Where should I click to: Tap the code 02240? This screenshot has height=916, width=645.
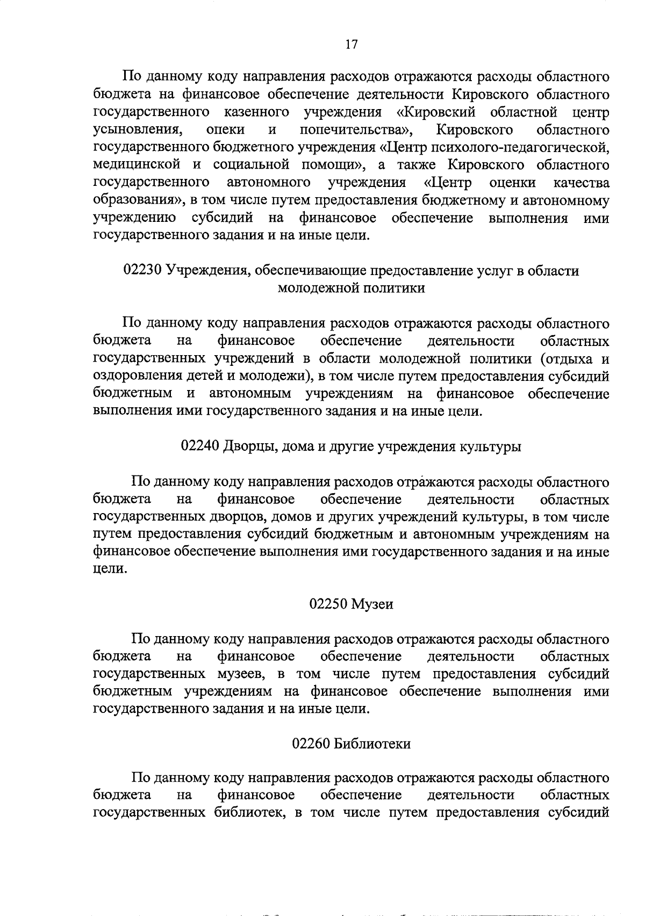pyautogui.click(x=199, y=446)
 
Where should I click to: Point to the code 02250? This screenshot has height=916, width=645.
pyautogui.click(x=327, y=604)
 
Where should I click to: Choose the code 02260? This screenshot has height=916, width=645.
pyautogui.click(x=311, y=744)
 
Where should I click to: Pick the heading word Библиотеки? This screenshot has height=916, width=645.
pyautogui.click(x=372, y=744)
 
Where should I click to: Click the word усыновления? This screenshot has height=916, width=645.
pyautogui.click(x=135, y=130)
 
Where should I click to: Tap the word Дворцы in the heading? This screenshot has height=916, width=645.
pyautogui.click(x=247, y=446)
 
